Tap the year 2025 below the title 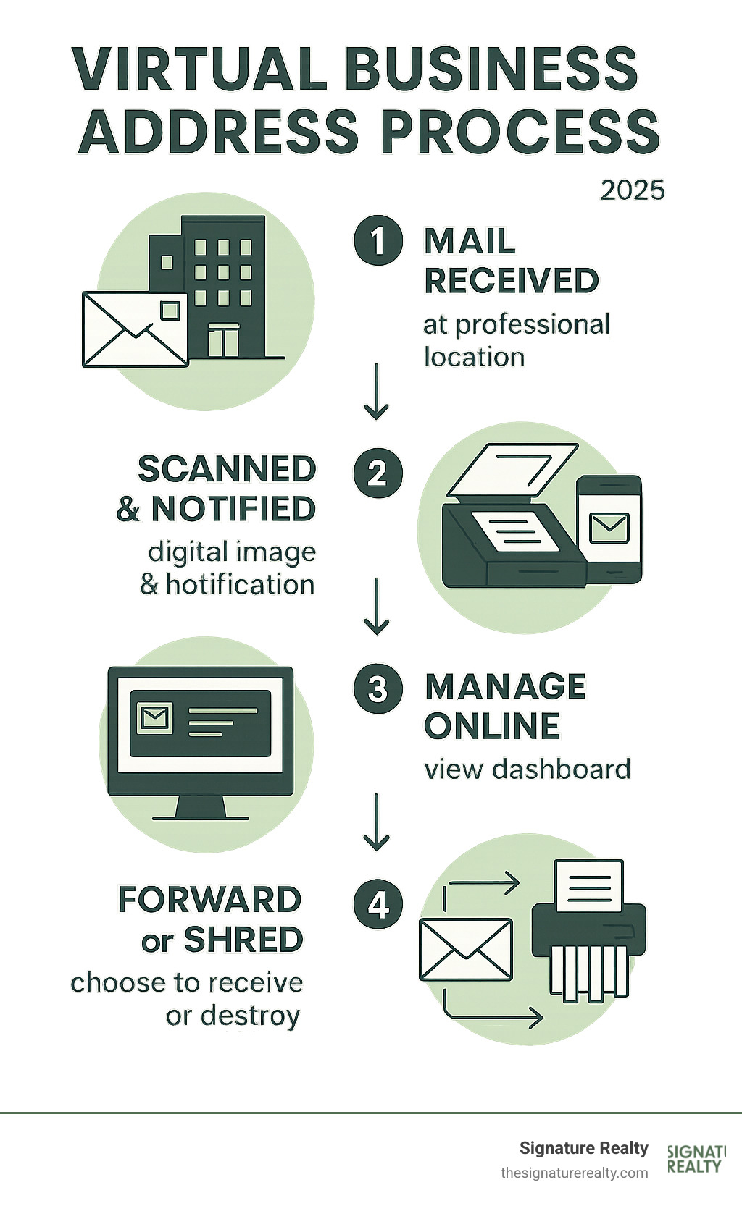(632, 190)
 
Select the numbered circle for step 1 (378, 240)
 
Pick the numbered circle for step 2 (378, 474)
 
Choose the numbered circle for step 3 (378, 688)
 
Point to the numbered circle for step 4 (378, 905)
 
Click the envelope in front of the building (134, 329)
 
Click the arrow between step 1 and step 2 (376, 392)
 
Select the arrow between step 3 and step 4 (376, 822)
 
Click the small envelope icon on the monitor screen (154, 718)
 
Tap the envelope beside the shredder (466, 949)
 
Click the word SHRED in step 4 (243, 940)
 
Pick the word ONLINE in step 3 (492, 726)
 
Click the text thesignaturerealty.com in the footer (574, 1172)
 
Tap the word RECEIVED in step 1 (512, 281)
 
